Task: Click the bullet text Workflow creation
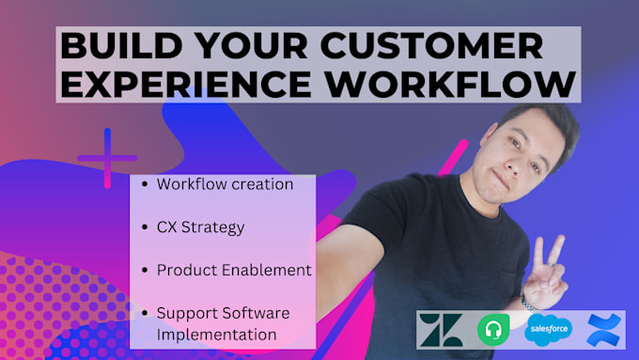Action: tap(225, 184)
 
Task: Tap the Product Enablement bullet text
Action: tap(234, 270)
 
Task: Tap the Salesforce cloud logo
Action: tap(548, 329)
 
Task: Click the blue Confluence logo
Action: tap(601, 329)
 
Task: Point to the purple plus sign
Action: tap(107, 158)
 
